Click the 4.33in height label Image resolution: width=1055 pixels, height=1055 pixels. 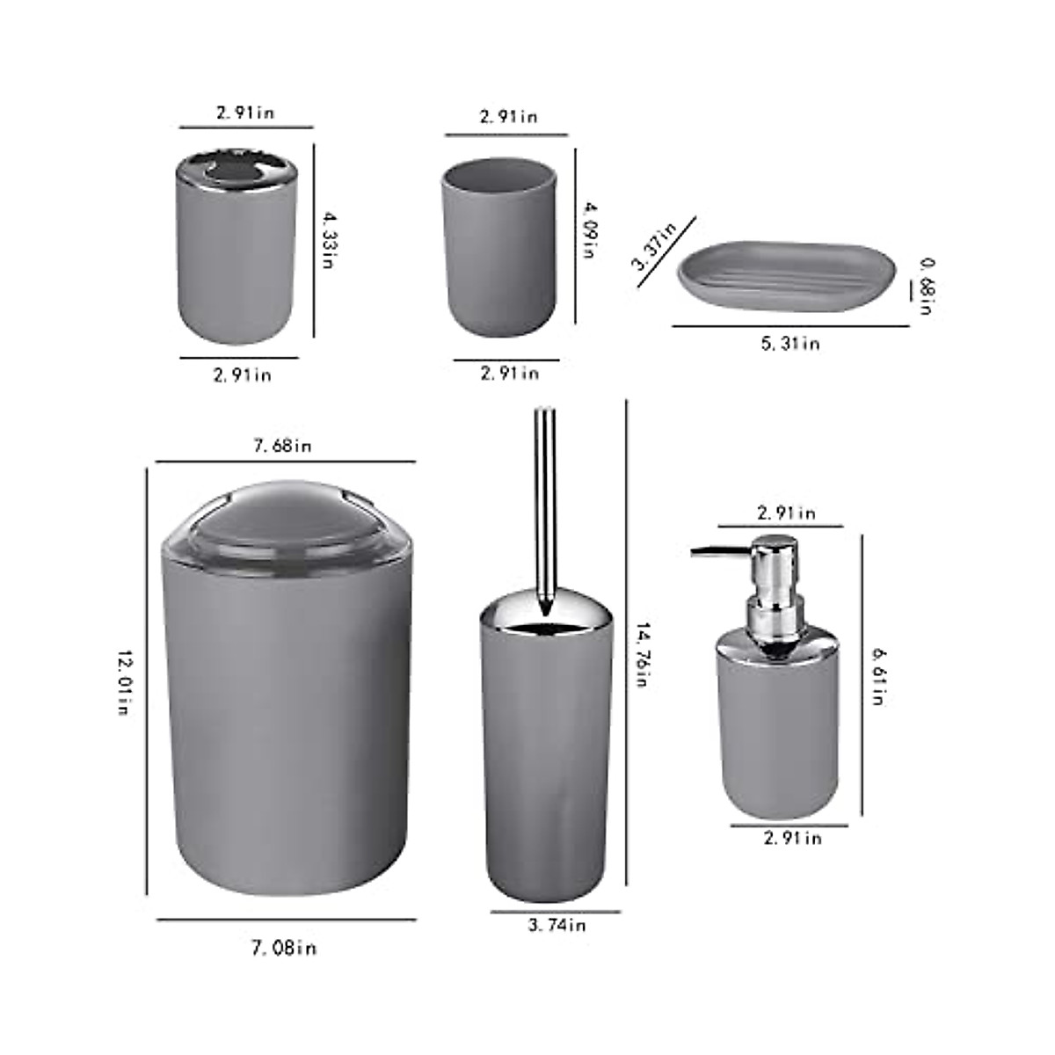pyautogui.click(x=327, y=239)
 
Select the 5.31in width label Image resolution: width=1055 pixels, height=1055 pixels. pyautogui.click(x=789, y=343)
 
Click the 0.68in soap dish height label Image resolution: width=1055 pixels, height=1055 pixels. pyautogui.click(x=925, y=286)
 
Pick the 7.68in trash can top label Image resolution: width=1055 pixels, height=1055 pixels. pyautogui.click(x=282, y=446)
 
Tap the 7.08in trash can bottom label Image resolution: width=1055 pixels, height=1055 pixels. pyautogui.click(x=284, y=948)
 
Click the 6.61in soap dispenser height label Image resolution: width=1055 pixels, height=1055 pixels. pyautogui.click(x=877, y=676)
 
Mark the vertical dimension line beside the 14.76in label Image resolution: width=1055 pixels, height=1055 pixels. pyautogui.click(x=626, y=642)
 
